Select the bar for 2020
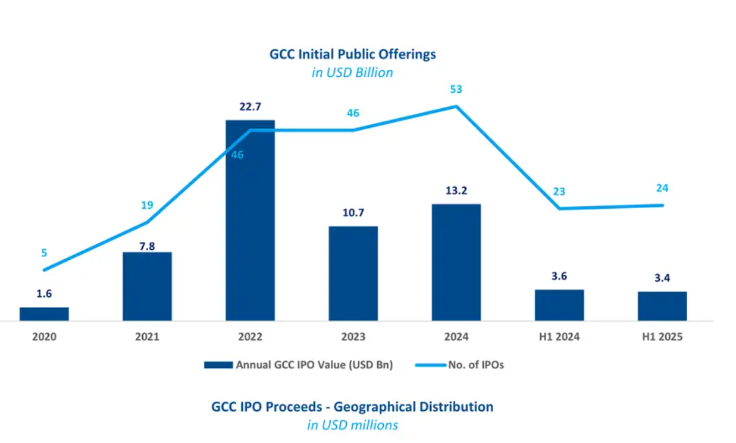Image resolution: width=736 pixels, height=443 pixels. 44,314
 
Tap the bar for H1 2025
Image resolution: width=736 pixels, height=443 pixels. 662,306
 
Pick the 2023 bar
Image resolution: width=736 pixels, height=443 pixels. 353,274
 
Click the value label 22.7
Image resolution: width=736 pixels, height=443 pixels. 250,107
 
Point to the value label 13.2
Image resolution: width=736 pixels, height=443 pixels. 456,190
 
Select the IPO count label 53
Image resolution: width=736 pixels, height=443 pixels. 456,90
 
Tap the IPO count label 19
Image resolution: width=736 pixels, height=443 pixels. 147,206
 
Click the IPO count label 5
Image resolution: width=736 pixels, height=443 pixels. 44,253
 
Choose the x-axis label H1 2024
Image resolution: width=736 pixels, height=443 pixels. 559,337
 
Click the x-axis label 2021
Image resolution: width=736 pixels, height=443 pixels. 147,337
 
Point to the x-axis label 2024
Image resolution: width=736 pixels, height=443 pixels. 456,337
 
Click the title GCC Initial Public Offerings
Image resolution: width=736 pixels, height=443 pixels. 353,54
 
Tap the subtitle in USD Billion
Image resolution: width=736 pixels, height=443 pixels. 353,73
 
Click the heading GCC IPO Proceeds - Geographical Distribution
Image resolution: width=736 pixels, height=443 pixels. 352,407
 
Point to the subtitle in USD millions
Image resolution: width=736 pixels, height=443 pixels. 352,425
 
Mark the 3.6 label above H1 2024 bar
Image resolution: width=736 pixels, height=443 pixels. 559,276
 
